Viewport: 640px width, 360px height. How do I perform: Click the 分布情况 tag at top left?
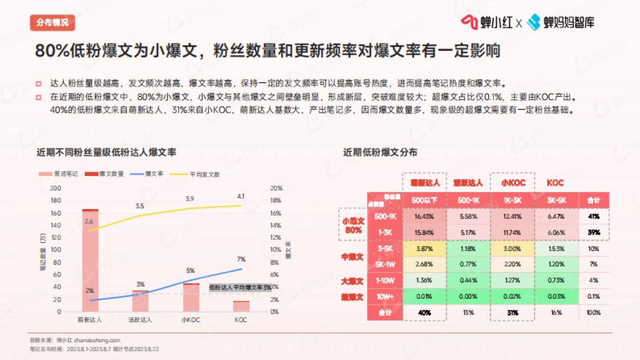click(52, 22)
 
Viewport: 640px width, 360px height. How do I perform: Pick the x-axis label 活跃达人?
click(140, 320)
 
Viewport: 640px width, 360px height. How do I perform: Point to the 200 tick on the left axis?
click(55, 188)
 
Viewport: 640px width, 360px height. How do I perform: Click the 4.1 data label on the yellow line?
click(241, 196)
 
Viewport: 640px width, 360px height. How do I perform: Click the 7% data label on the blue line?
click(241, 259)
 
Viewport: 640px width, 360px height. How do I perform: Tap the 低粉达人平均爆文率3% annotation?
click(239, 287)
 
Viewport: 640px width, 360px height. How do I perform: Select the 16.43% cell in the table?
click(425, 217)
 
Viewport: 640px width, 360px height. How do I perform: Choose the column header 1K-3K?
click(513, 200)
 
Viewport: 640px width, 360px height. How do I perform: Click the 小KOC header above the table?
click(513, 183)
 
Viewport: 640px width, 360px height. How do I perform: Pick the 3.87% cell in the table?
click(425, 249)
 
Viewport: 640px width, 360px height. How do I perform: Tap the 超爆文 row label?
click(352, 297)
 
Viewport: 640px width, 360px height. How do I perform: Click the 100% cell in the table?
click(594, 313)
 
